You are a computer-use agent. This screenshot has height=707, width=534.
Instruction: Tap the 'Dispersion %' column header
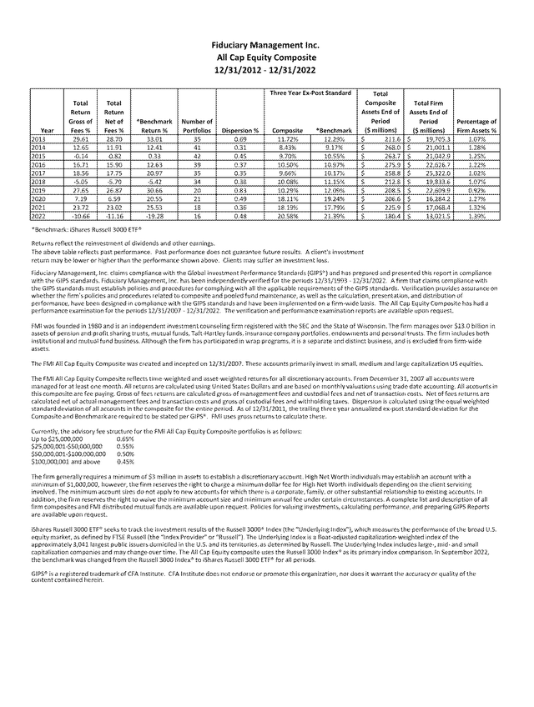[x=239, y=131]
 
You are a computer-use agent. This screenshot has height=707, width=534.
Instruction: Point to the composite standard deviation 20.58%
[x=287, y=215]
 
